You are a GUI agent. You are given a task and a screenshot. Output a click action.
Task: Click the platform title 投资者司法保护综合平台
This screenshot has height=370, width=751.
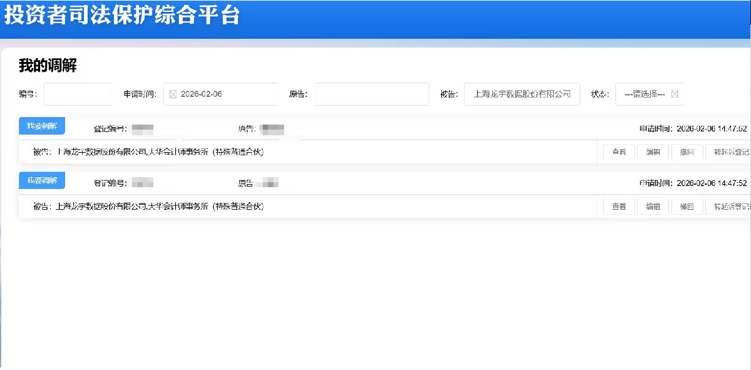click(122, 15)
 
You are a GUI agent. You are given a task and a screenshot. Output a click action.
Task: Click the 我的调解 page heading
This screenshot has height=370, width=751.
click(48, 66)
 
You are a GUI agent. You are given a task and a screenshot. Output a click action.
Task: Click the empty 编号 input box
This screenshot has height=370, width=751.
click(78, 95)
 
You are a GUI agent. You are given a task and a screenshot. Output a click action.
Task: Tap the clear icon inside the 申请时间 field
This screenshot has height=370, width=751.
click(173, 95)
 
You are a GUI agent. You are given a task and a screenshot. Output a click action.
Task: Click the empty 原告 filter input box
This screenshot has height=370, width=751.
click(372, 95)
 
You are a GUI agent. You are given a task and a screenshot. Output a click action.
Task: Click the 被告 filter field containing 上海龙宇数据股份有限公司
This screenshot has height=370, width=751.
click(522, 95)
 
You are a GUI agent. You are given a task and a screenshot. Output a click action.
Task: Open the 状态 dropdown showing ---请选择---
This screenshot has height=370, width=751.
click(645, 95)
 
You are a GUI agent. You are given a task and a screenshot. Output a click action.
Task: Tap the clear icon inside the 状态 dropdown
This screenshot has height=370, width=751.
click(675, 95)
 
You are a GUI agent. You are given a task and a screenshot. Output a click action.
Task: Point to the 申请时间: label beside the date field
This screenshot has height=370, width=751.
click(140, 95)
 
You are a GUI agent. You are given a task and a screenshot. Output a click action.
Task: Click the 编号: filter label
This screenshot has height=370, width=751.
click(28, 95)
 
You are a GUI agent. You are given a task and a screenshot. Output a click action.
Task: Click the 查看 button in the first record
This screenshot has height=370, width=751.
click(619, 152)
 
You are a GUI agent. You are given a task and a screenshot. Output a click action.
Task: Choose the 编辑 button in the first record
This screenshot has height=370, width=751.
click(653, 152)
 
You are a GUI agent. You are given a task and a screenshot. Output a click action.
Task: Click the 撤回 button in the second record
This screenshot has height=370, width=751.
click(687, 207)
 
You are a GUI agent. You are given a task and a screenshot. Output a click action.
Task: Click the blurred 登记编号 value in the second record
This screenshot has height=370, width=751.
click(143, 183)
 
